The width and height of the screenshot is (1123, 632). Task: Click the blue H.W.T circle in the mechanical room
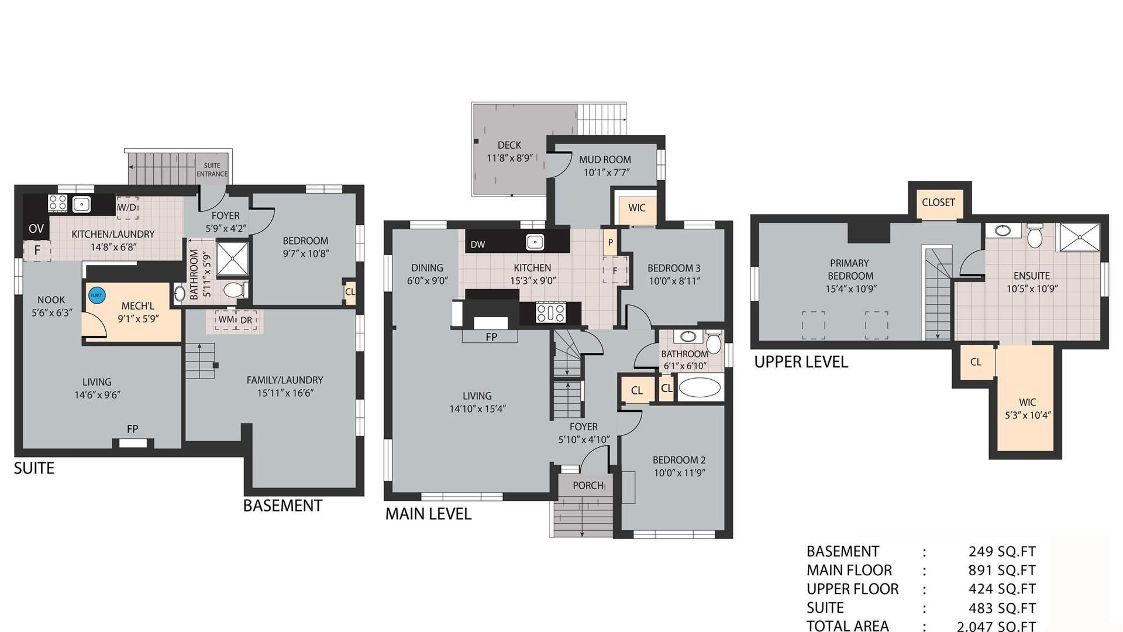(x=97, y=296)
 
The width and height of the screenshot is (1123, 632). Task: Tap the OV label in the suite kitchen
(x=36, y=229)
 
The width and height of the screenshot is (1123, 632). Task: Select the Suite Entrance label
(x=212, y=170)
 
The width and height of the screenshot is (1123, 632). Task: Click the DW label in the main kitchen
(x=478, y=245)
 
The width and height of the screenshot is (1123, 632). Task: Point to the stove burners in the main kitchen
(x=550, y=312)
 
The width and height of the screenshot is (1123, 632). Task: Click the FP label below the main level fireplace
(x=491, y=337)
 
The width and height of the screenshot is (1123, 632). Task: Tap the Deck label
(x=509, y=145)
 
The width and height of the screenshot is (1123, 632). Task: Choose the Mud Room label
(x=605, y=159)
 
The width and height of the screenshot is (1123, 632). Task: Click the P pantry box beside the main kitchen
(x=610, y=242)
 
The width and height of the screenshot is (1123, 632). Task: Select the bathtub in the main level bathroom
(x=700, y=389)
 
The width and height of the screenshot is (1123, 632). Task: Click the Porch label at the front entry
(x=588, y=485)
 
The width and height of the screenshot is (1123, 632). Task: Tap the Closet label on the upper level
(x=938, y=202)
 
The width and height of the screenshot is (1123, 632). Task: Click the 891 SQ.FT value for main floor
(x=1002, y=570)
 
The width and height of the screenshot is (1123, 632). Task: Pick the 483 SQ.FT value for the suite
(x=1002, y=608)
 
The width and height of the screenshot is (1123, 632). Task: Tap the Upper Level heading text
(x=801, y=362)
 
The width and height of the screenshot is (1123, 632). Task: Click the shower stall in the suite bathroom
(x=232, y=258)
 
